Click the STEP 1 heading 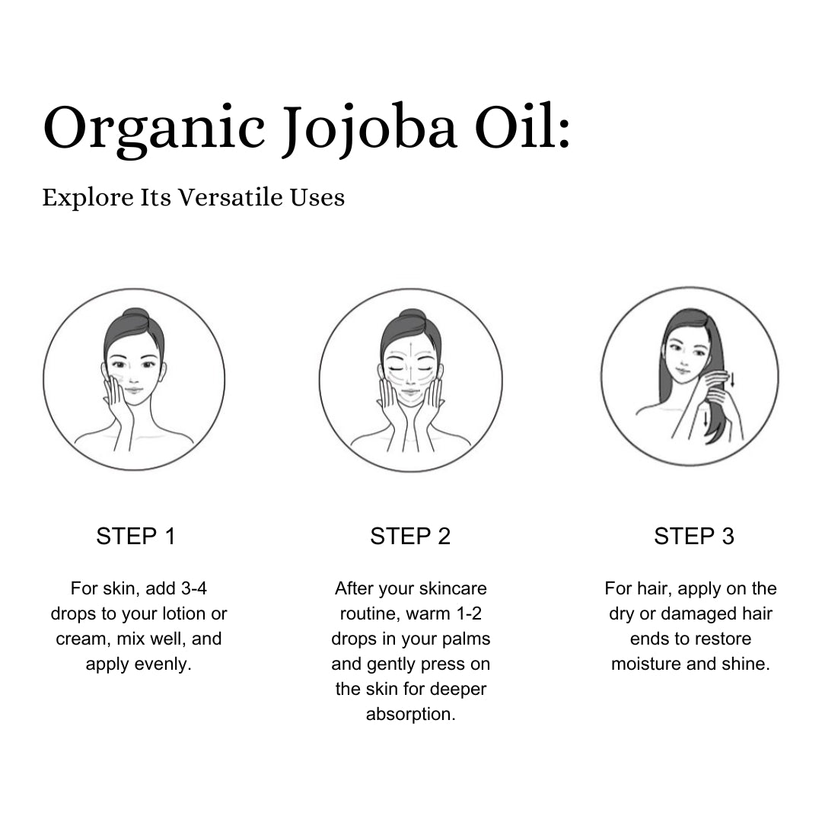point(135,537)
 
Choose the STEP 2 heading point(410,537)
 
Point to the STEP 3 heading point(693,537)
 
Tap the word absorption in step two point(410,715)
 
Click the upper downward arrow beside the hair point(732,380)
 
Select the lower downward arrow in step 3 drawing point(706,417)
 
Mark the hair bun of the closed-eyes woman point(411,316)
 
